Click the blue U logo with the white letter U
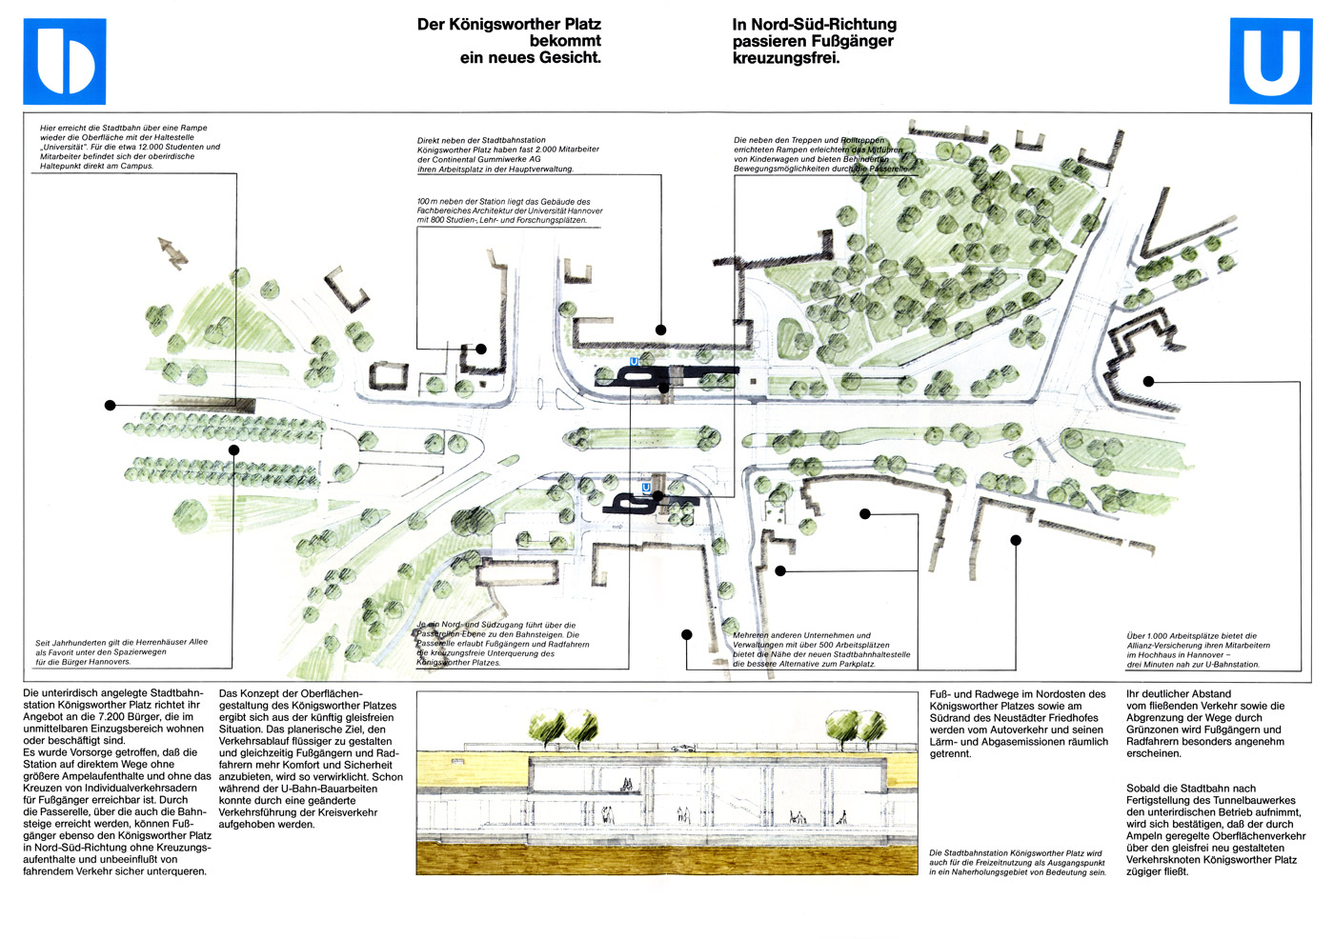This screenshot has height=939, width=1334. [1271, 61]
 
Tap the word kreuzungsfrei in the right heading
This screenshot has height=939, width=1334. [786, 58]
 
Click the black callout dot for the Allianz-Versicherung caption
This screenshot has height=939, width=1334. [1148, 381]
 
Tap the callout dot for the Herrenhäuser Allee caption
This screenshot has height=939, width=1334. [233, 450]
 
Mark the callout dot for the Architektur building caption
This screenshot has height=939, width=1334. [481, 349]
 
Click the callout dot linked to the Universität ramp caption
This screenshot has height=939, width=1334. [111, 405]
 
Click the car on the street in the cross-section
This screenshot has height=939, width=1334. [682, 749]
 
